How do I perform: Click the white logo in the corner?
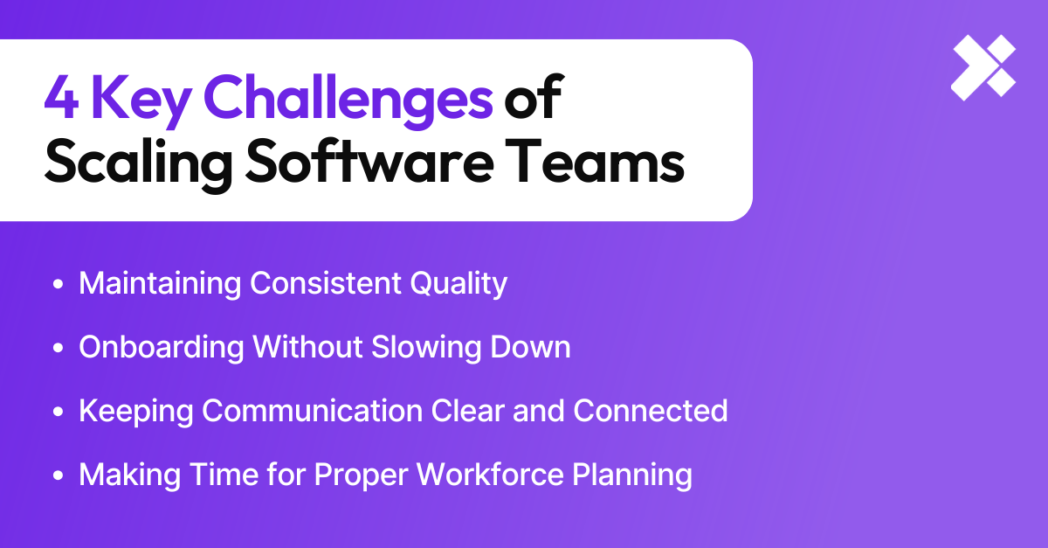click(x=983, y=68)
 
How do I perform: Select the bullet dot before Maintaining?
click(x=59, y=285)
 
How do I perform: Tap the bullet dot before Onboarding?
click(x=59, y=349)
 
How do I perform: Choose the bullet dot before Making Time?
click(x=59, y=476)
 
